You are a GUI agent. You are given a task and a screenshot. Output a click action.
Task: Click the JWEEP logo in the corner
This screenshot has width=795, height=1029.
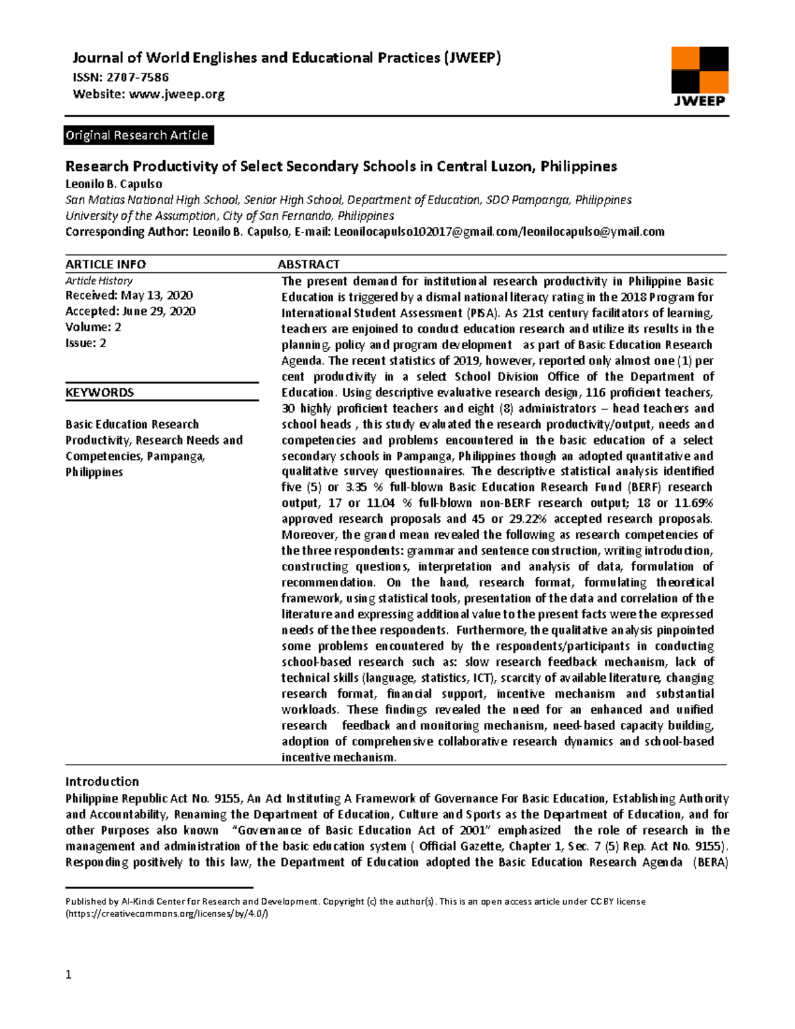pos(700,76)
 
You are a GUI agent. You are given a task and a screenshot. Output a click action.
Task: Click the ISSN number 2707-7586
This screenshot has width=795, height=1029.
pos(142,77)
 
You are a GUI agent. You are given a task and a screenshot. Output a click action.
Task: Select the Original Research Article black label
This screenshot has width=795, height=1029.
pos(138,135)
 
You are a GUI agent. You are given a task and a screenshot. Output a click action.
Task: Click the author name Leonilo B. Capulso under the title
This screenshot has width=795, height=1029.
pos(113,184)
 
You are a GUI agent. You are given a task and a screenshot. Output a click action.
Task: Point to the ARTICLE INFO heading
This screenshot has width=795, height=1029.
pos(105,264)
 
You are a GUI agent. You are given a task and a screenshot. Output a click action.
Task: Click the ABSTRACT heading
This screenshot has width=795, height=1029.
pos(308,264)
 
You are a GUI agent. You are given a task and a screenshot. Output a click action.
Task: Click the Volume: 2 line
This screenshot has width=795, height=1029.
pos(93,327)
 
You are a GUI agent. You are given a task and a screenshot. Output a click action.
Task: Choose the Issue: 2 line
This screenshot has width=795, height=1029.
pos(85,343)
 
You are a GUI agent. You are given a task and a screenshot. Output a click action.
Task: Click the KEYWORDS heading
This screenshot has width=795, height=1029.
pos(99,392)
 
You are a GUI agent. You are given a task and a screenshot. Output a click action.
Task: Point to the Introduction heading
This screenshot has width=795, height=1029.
pos(102,781)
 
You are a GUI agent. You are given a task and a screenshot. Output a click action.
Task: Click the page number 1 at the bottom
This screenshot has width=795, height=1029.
pos(68,974)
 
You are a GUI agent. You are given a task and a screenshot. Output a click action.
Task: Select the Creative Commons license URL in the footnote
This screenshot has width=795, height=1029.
pos(167,914)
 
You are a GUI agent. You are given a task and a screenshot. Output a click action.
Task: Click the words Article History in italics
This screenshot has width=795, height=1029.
pos(99,280)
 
